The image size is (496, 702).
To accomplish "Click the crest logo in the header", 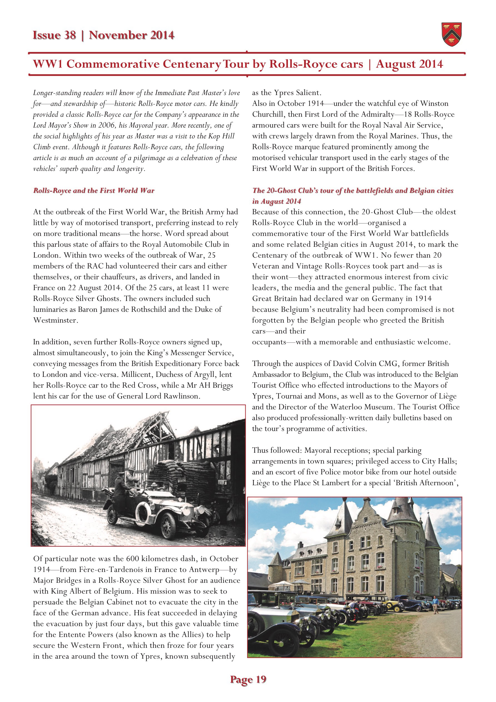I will [x=451, y=34].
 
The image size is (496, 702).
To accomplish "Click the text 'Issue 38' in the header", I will [x=54, y=35].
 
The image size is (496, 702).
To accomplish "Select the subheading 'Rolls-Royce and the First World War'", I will [x=94, y=190].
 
